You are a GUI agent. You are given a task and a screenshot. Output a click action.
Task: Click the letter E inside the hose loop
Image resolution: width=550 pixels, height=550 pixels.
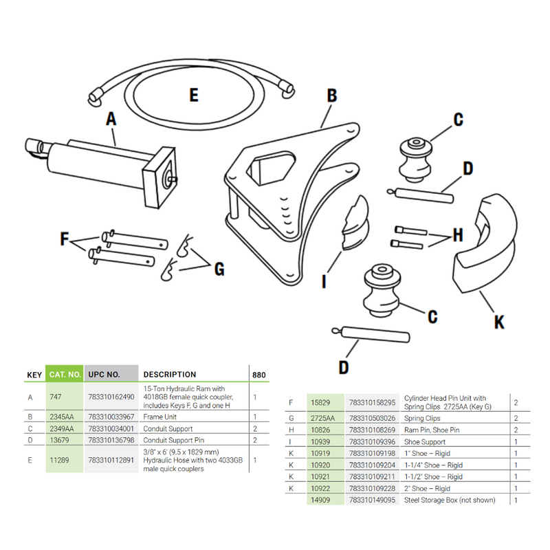click(194, 95)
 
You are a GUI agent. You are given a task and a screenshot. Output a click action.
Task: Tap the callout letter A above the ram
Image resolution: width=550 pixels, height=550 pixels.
click(111, 119)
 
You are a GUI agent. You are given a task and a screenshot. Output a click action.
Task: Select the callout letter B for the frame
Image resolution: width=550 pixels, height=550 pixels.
click(331, 96)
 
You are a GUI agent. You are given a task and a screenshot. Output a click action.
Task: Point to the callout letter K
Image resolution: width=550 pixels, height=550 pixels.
click(500, 321)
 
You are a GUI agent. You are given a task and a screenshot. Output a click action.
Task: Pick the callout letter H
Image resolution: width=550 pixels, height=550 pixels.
click(456, 236)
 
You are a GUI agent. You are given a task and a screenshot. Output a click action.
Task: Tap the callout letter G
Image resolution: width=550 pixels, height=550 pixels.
click(219, 269)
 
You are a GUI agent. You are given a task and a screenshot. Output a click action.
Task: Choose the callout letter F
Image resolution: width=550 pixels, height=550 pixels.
click(65, 240)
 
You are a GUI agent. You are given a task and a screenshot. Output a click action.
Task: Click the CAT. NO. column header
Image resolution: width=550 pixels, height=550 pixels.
click(65, 375)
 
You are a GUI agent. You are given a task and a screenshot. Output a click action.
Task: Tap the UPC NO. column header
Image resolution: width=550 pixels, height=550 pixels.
click(104, 375)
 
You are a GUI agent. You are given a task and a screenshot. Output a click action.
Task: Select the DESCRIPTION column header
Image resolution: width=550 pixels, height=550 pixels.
click(169, 375)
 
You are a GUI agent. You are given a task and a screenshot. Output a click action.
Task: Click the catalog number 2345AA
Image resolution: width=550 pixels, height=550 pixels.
click(62, 417)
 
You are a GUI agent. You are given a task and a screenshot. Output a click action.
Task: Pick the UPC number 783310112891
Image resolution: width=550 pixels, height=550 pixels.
click(111, 461)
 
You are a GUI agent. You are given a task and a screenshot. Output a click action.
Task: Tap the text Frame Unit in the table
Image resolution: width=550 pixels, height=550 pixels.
click(159, 417)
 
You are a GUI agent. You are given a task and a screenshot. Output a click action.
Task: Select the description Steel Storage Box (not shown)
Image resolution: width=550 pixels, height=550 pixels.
click(450, 500)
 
